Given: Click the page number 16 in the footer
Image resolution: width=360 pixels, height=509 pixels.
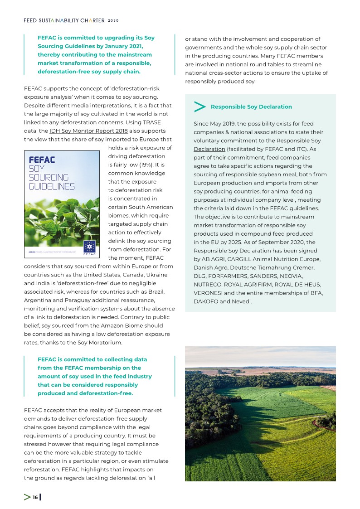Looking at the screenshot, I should pyautogui.click(x=35, y=498).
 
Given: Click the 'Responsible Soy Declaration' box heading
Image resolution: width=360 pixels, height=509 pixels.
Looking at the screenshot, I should pyautogui.click(x=251, y=107).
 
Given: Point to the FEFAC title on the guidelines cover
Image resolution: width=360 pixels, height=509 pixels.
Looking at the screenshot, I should pyautogui.click(x=42, y=160).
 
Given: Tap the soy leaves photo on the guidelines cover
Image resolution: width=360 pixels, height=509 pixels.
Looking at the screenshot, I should pyautogui.click(x=61, y=218).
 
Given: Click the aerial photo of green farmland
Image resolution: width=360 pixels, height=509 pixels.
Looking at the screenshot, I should pyautogui.click(x=260, y=413).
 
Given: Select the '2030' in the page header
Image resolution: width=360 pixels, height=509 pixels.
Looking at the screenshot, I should pyautogui.click(x=113, y=20).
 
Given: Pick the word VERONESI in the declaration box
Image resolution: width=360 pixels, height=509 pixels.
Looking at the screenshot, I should pyautogui.click(x=208, y=293).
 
